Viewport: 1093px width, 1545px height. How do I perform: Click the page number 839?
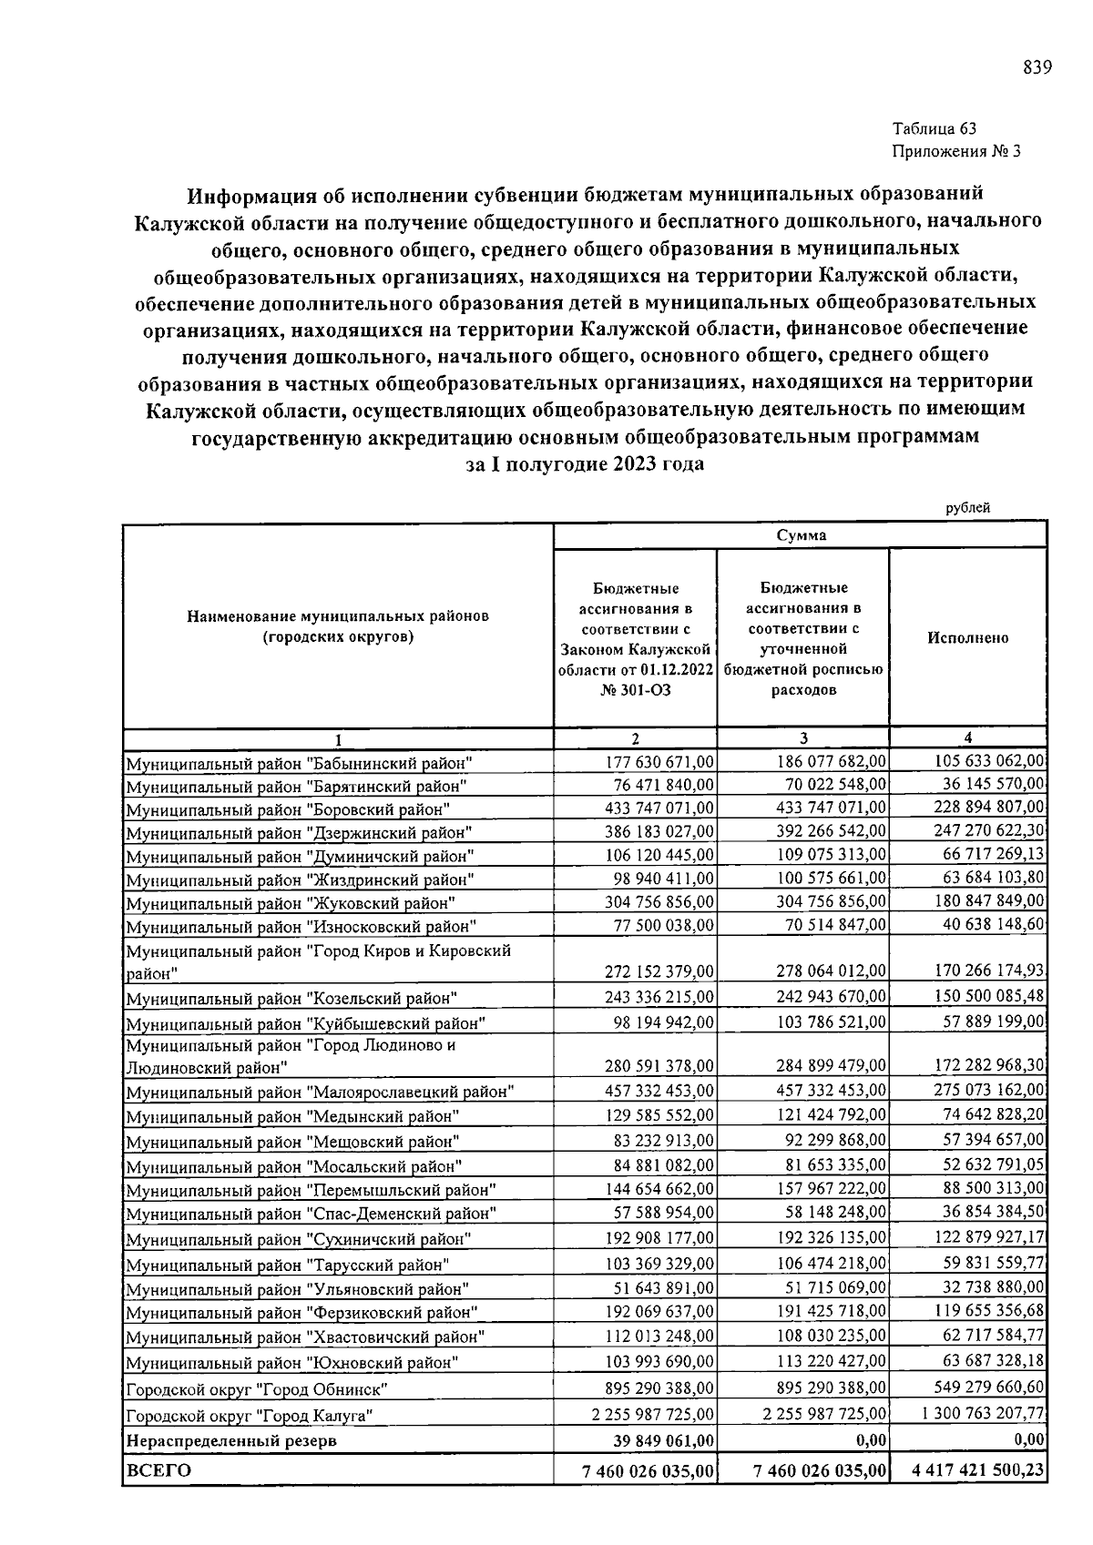[1037, 67]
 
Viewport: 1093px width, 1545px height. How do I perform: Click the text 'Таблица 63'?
[935, 128]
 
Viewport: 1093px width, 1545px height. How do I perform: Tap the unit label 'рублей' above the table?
[968, 508]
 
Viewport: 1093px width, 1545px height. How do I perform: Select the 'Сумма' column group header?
[802, 535]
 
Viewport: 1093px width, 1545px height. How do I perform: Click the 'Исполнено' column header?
[967, 637]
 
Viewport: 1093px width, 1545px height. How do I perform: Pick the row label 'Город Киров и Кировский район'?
[318, 961]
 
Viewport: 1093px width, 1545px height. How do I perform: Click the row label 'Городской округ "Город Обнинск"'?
[257, 1390]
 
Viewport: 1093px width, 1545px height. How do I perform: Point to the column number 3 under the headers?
[802, 738]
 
